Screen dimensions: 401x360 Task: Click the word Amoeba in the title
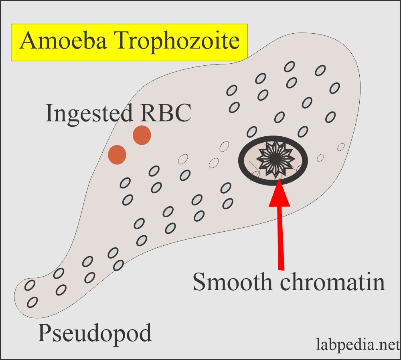(63, 40)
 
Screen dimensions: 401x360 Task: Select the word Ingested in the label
(89, 114)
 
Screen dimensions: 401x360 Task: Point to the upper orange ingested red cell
(142, 135)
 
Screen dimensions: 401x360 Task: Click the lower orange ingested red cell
(117, 155)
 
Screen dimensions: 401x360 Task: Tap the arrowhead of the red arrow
(279, 192)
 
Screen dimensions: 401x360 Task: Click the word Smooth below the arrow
(232, 281)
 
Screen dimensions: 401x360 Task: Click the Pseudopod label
(95, 333)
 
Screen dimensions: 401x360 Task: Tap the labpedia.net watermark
(358, 344)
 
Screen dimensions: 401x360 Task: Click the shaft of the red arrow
(280, 238)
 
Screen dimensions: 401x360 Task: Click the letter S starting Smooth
(199, 281)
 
